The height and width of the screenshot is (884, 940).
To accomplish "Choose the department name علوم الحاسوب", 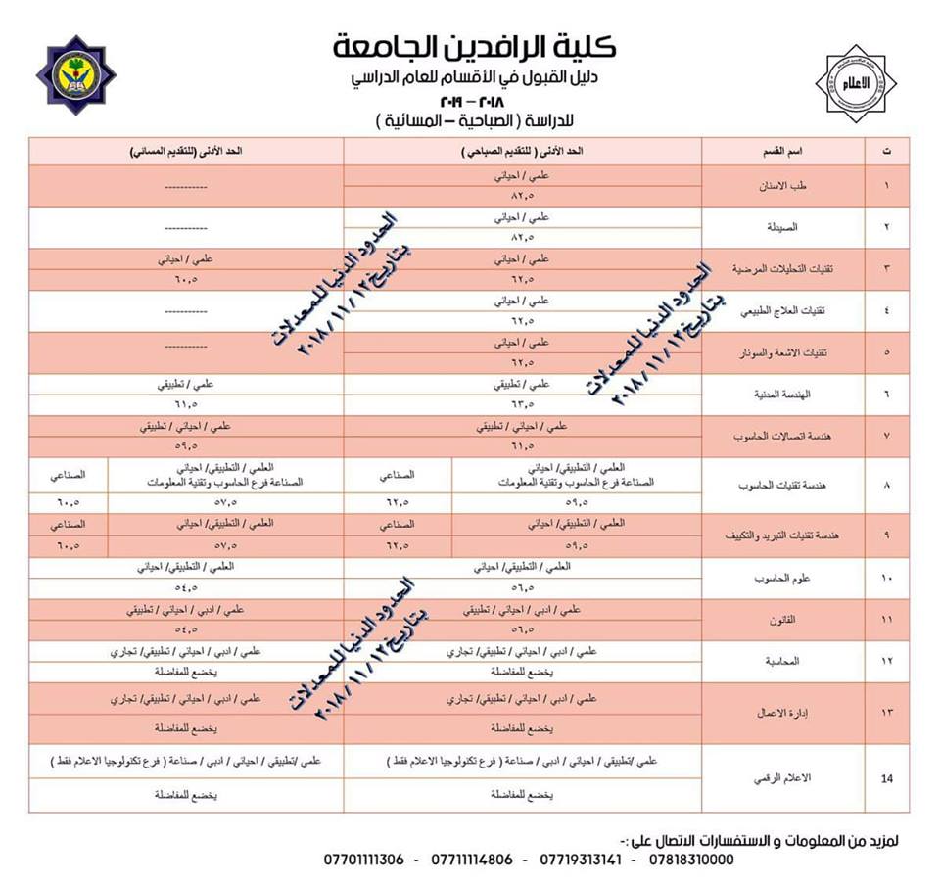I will [x=788, y=579].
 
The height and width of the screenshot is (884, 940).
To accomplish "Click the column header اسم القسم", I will [x=782, y=153].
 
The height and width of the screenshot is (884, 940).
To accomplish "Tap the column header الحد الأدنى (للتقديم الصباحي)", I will [x=523, y=153].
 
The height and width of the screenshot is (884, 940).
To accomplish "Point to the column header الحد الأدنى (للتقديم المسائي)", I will [x=187, y=153].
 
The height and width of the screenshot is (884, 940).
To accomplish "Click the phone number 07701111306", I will [x=363, y=861].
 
